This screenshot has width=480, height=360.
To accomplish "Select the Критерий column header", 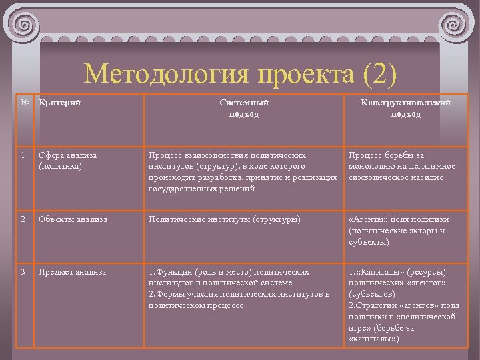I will pyautogui.click(x=60, y=103).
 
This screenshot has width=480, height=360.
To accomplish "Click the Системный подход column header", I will pyautogui.click(x=244, y=108).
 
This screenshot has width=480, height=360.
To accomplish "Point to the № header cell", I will pyautogui.click(x=25, y=103).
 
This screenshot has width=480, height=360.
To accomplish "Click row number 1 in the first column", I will pyautogui.click(x=23, y=155).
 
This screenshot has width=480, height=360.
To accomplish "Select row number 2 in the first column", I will pyautogui.click(x=23, y=219).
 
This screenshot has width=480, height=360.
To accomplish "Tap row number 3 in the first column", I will pyautogui.click(x=23, y=272).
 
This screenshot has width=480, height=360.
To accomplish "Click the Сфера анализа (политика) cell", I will pyautogui.click(x=67, y=160).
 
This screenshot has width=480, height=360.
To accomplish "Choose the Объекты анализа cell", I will pyautogui.click(x=72, y=219).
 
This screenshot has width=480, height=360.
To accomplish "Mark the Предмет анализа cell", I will pyautogui.click(x=72, y=272).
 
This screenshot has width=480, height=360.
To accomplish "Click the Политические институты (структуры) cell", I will pyautogui.click(x=225, y=219).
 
